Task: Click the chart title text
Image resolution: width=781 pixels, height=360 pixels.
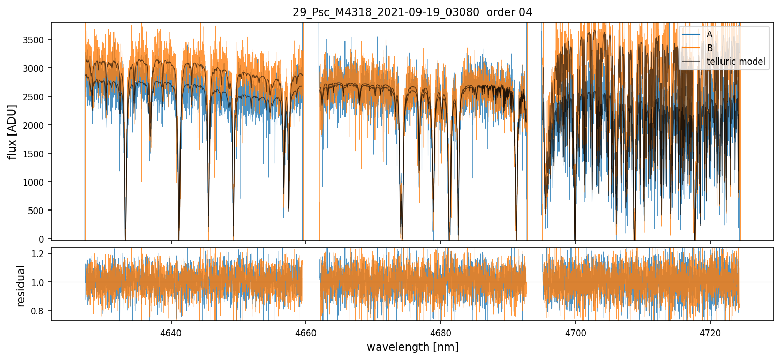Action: tap(412, 12)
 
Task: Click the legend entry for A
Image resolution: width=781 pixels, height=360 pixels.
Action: tap(709, 34)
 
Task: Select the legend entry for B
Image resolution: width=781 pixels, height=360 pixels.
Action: tap(709, 48)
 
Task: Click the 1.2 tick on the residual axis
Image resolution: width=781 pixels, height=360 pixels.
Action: tap(41, 253)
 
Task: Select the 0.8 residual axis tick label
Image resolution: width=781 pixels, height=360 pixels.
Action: tap(41, 311)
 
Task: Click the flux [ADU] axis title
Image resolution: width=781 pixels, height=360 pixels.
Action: tap(12, 131)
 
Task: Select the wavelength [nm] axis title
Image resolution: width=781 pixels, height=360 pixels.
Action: tap(412, 347)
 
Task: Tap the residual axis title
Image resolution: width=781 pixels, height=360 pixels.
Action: tap(21, 286)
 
